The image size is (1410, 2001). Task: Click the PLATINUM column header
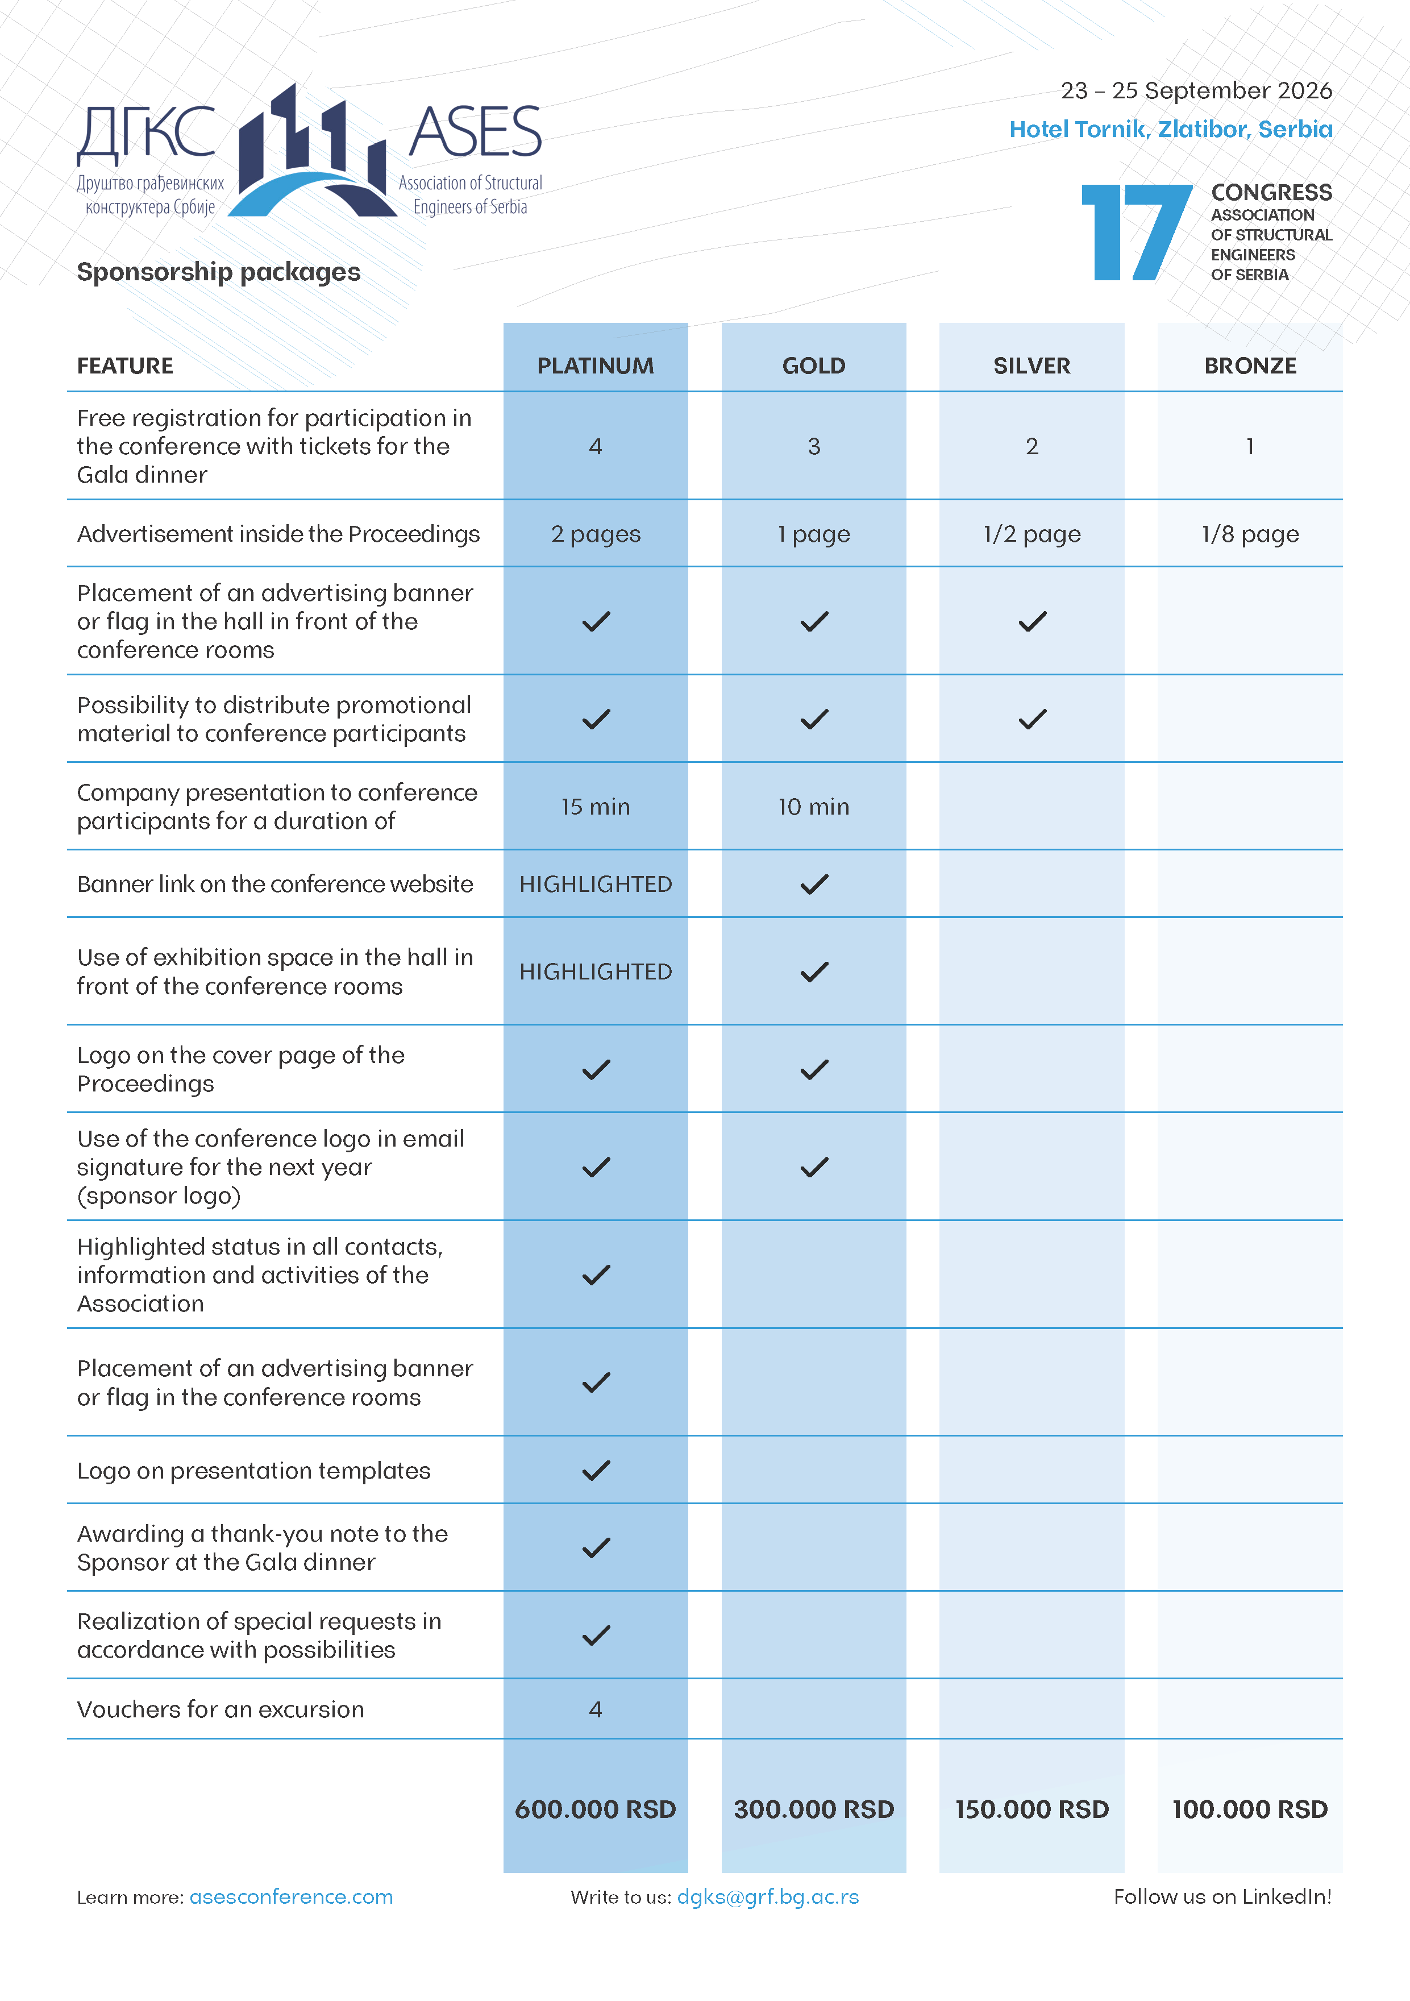[x=595, y=366]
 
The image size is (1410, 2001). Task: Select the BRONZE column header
[x=1250, y=366]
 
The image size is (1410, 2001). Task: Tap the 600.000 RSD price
[x=595, y=1809]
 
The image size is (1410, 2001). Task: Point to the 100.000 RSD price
[x=1250, y=1809]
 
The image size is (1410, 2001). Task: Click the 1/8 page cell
[x=1250, y=534]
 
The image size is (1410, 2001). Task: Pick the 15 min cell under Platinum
[x=595, y=807]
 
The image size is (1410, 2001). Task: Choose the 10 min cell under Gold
[x=813, y=807]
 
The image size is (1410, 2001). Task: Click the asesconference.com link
[x=291, y=1898]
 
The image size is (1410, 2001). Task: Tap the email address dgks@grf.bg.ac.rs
[x=768, y=1898]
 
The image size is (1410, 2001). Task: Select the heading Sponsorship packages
[x=219, y=272]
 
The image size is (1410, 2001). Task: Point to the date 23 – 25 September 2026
[x=1196, y=90]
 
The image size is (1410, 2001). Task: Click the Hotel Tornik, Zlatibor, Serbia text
[x=1170, y=130]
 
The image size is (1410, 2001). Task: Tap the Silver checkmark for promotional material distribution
[x=1032, y=720]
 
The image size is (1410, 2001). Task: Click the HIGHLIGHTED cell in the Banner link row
[x=595, y=885]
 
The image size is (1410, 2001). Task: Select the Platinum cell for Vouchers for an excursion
[x=595, y=1710]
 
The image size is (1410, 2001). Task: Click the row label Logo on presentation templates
[x=253, y=1471]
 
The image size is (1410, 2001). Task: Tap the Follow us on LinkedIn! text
[x=1222, y=1898]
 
